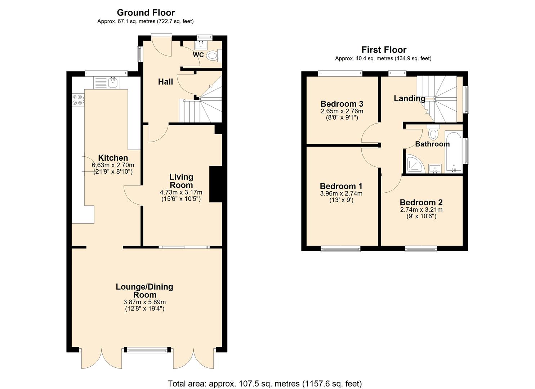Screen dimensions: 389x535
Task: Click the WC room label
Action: [198, 55]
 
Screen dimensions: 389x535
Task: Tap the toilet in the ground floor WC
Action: [213, 55]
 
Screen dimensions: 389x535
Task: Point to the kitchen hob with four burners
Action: [77, 99]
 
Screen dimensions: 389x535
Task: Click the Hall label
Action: [165, 82]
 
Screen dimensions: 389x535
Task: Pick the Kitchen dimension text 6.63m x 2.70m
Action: [113, 165]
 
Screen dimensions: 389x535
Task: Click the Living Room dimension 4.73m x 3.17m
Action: [181, 192]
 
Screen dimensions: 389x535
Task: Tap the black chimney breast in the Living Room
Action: [215, 184]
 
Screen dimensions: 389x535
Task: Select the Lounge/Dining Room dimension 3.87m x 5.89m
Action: [144, 302]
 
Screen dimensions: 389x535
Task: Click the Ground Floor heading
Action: [146, 13]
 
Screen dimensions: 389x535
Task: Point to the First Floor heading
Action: [384, 50]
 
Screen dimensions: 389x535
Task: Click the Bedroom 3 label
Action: [342, 104]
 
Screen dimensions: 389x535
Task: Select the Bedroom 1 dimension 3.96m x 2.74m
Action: [341, 193]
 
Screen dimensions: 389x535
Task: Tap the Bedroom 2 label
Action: [421, 202]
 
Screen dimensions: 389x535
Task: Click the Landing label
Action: [409, 98]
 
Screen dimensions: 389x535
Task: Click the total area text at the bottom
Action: [264, 383]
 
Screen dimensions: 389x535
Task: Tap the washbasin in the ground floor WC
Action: [200, 45]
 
